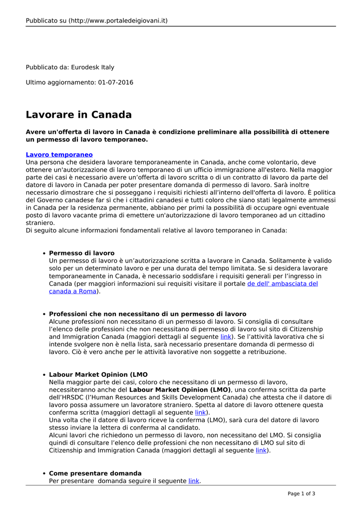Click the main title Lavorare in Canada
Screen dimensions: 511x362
[x=79, y=115]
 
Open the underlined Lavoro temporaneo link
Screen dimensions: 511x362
[x=59, y=155]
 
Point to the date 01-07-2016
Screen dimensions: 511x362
[x=116, y=82]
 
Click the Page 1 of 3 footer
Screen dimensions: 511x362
[x=301, y=494]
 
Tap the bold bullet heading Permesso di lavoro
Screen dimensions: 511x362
[x=82, y=253]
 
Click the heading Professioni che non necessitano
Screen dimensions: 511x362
[x=147, y=314]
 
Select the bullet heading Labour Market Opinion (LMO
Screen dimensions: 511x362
[x=98, y=375]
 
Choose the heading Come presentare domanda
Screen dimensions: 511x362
[x=95, y=473]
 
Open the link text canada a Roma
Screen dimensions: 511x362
[x=72, y=291]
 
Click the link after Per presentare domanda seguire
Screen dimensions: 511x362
[x=194, y=481]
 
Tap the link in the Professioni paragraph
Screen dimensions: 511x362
[x=226, y=337]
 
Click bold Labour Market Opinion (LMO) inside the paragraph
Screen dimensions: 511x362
[x=180, y=390]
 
